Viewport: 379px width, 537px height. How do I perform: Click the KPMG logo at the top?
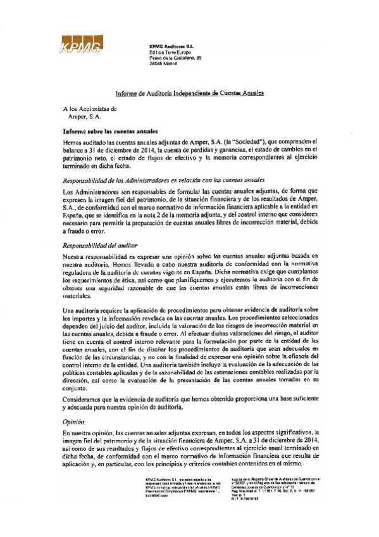click(80, 45)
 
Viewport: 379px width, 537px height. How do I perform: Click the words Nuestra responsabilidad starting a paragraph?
click(96, 255)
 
